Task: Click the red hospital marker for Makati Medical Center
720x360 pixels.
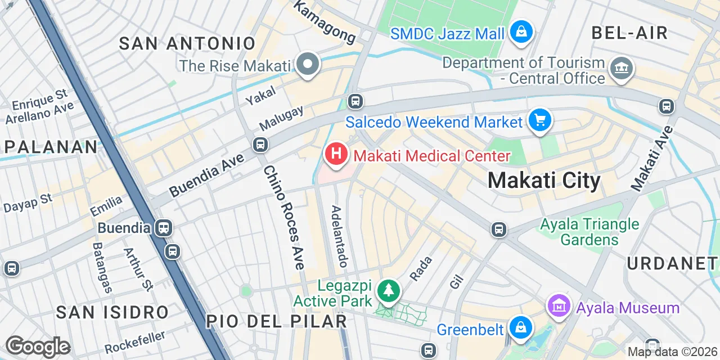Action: pos(336,154)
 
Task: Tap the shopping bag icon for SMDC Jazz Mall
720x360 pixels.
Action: pos(521,31)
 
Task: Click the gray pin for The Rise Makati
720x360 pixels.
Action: pos(308,64)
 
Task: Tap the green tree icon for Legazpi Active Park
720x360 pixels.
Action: pos(389,290)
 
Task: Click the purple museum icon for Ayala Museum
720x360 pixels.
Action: pos(559,306)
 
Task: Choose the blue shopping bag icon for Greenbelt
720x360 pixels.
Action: pos(521,327)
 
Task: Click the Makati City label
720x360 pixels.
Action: pos(543,181)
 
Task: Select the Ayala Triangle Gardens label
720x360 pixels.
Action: pos(589,232)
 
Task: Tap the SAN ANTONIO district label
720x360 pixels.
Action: pos(187,43)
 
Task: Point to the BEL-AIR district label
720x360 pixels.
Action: pos(629,33)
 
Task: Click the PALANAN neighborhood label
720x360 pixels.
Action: pos(51,147)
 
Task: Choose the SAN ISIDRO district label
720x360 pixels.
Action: pos(112,312)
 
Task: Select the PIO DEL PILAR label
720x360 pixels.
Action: pos(276,321)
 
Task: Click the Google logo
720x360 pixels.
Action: pos(38,346)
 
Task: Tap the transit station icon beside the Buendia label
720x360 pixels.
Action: pos(165,228)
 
